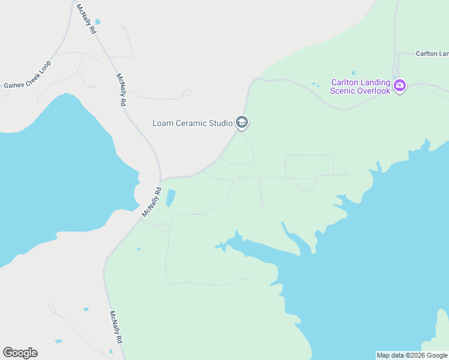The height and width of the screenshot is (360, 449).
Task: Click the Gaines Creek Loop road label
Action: (x=28, y=74)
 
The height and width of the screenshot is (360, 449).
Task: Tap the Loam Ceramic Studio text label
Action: (x=192, y=124)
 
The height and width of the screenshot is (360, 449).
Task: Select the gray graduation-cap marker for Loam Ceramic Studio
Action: (x=241, y=123)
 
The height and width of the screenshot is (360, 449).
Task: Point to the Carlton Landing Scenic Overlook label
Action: (x=361, y=86)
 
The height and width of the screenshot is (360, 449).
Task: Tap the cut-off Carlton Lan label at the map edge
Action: (x=432, y=53)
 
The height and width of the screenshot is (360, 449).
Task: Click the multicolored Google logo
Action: (x=20, y=353)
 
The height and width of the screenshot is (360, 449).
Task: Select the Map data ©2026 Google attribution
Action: (x=412, y=355)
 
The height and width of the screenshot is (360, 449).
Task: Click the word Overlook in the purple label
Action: (x=375, y=91)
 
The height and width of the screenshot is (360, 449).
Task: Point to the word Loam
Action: (x=163, y=124)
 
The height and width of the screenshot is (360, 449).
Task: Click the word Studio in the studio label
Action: (x=220, y=124)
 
